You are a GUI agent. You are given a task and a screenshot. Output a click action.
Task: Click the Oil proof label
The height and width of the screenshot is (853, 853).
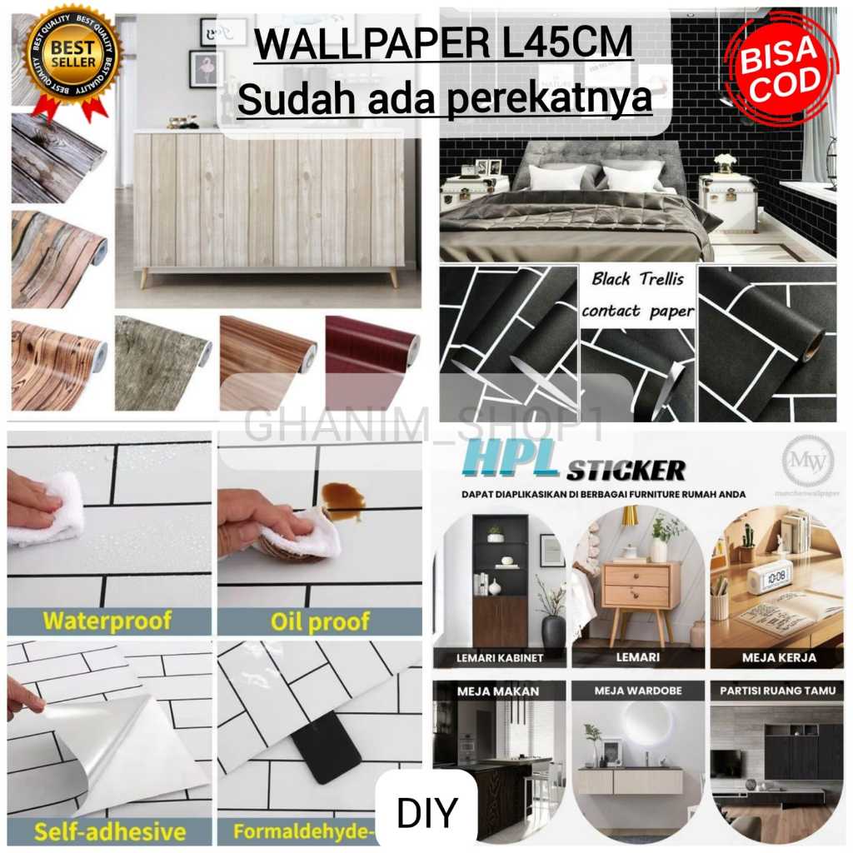(320, 621)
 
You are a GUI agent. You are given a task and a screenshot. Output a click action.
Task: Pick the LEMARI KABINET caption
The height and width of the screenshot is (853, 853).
(500, 657)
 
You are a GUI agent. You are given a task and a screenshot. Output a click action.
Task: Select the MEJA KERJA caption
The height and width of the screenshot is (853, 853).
(779, 657)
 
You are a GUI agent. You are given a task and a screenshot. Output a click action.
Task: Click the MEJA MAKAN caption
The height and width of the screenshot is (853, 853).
(498, 691)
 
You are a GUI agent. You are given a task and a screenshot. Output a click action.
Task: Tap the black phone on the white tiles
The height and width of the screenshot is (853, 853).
(332, 746)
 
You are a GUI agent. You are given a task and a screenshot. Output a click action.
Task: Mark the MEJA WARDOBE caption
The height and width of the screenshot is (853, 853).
(638, 691)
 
